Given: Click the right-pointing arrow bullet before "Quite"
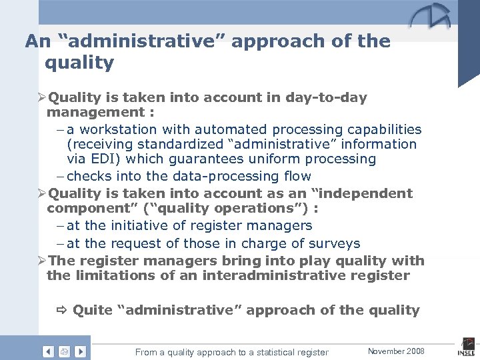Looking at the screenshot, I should pyautogui.click(x=62, y=310).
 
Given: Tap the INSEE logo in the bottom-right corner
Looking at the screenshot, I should pyautogui.click(x=466, y=349).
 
